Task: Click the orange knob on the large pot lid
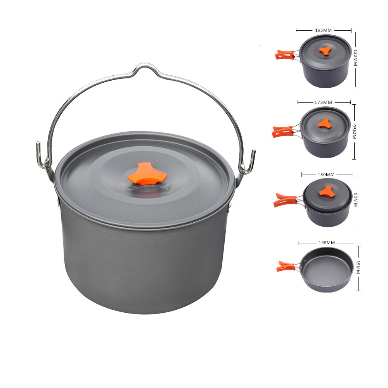point(147,173)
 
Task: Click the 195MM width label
point(323,30)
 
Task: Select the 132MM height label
point(355,58)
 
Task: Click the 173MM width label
point(323,102)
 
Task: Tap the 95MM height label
point(354,132)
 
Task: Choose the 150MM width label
point(326,175)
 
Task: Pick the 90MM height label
point(356,200)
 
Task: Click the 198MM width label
point(327,242)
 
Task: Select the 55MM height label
point(358,267)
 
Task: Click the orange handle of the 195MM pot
point(284,55)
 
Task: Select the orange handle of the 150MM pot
point(284,200)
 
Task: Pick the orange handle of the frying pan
point(285,266)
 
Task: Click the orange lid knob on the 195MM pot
point(325,50)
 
